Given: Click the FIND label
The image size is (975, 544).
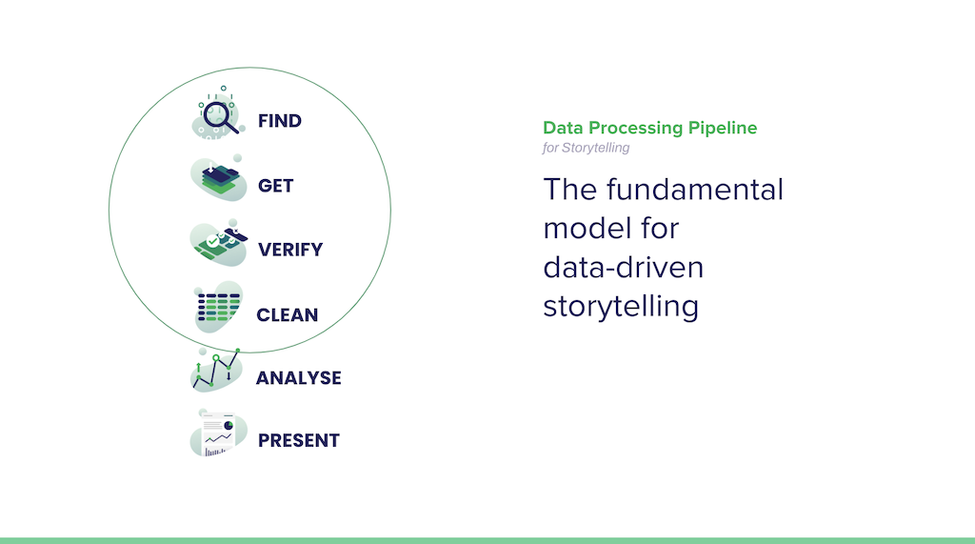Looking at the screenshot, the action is [280, 121].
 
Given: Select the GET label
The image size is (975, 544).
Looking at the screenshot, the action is [275, 186].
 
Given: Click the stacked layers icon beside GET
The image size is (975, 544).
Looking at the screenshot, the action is [218, 179].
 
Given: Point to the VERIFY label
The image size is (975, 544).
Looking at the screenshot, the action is [290, 250].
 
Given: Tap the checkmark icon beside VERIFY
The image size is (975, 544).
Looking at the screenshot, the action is [218, 243].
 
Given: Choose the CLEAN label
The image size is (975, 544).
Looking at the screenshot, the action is [288, 315].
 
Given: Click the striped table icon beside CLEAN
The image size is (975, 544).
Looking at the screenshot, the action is [218, 307].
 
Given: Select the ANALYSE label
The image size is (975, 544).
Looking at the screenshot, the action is [298, 378].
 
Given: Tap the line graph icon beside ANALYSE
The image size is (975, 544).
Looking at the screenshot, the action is [216, 371].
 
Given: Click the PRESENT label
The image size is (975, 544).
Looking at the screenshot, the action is [299, 441].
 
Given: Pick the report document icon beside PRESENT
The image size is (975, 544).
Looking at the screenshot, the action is [218, 433].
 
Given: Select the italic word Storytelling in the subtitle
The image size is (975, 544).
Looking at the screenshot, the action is [595, 148].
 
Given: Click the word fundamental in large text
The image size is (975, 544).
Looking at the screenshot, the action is [695, 190].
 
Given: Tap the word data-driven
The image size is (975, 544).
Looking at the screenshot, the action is [624, 267].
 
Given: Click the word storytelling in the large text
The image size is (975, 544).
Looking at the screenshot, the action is [621, 307].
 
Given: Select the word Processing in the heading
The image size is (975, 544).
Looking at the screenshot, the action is [635, 129].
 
